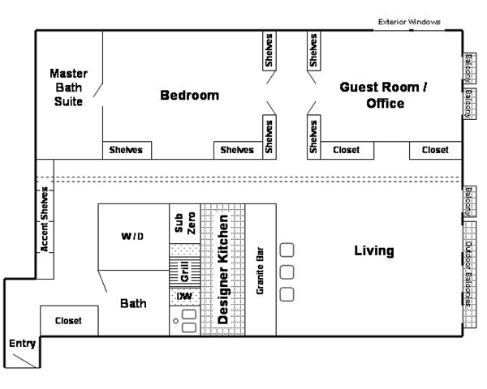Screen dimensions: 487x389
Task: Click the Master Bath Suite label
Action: (x=68, y=88)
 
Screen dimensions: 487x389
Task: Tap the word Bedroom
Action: (x=189, y=96)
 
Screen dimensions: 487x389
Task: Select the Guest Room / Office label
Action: (x=384, y=95)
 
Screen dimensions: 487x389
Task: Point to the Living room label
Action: (x=374, y=250)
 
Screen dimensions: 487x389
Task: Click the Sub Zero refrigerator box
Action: (x=185, y=224)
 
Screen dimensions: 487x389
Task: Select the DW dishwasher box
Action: (x=185, y=297)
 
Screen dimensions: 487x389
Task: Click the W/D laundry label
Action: (x=132, y=237)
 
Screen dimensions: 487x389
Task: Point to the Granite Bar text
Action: (x=260, y=271)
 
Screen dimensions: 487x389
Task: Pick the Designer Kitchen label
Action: (x=223, y=270)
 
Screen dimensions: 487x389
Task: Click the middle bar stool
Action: (x=287, y=272)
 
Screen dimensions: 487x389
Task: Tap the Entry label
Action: (x=22, y=344)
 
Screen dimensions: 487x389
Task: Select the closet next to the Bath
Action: (x=69, y=321)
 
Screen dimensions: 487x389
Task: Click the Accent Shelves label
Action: (x=45, y=219)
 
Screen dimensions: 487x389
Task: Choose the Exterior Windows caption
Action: (x=409, y=22)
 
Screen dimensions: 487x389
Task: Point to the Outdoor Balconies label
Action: (x=468, y=274)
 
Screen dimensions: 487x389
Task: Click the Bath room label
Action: (x=133, y=303)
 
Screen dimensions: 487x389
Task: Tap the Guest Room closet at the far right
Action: (x=435, y=151)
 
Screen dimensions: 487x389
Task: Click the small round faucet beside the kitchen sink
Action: (x=176, y=321)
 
